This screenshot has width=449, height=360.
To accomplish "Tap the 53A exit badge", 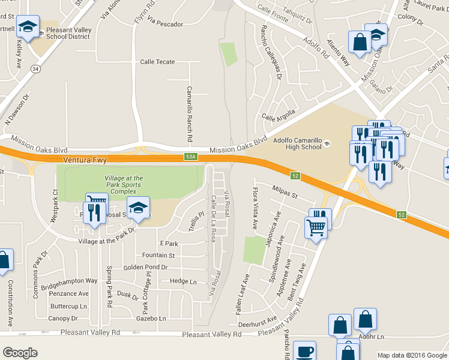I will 190,157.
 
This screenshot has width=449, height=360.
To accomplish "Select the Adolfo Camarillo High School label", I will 297,143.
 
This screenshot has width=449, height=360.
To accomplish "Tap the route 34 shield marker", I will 36,69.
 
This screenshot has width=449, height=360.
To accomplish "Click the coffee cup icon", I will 305,350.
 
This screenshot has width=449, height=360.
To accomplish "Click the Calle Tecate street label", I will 157,62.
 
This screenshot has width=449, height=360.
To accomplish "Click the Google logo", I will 20,353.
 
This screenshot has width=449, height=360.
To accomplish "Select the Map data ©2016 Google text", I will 412,355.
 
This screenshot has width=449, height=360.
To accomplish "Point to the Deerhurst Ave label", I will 256,322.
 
